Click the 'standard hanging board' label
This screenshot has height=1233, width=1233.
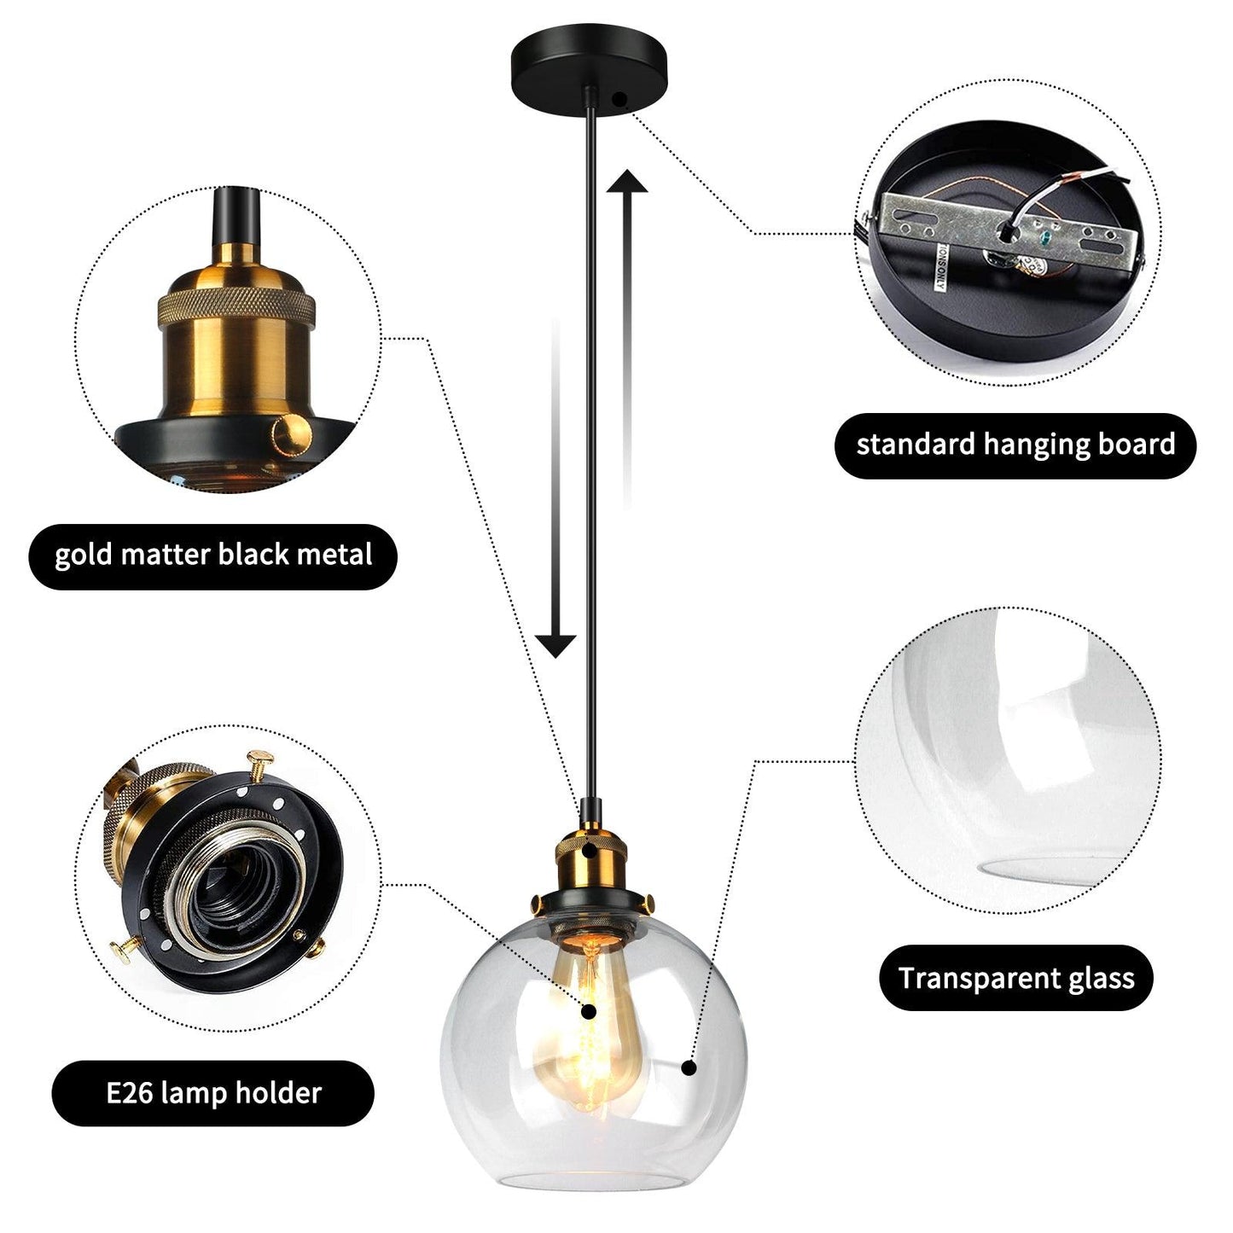[x=1015, y=445]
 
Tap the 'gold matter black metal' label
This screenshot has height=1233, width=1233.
[x=213, y=555]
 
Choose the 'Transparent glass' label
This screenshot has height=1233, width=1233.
[x=1015, y=979]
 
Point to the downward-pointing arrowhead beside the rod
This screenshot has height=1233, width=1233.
[x=555, y=646]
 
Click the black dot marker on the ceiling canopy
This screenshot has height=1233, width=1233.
[x=618, y=99]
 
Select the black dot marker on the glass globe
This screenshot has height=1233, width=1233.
[x=689, y=1067]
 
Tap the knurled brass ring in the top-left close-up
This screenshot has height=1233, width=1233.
[x=236, y=307]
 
